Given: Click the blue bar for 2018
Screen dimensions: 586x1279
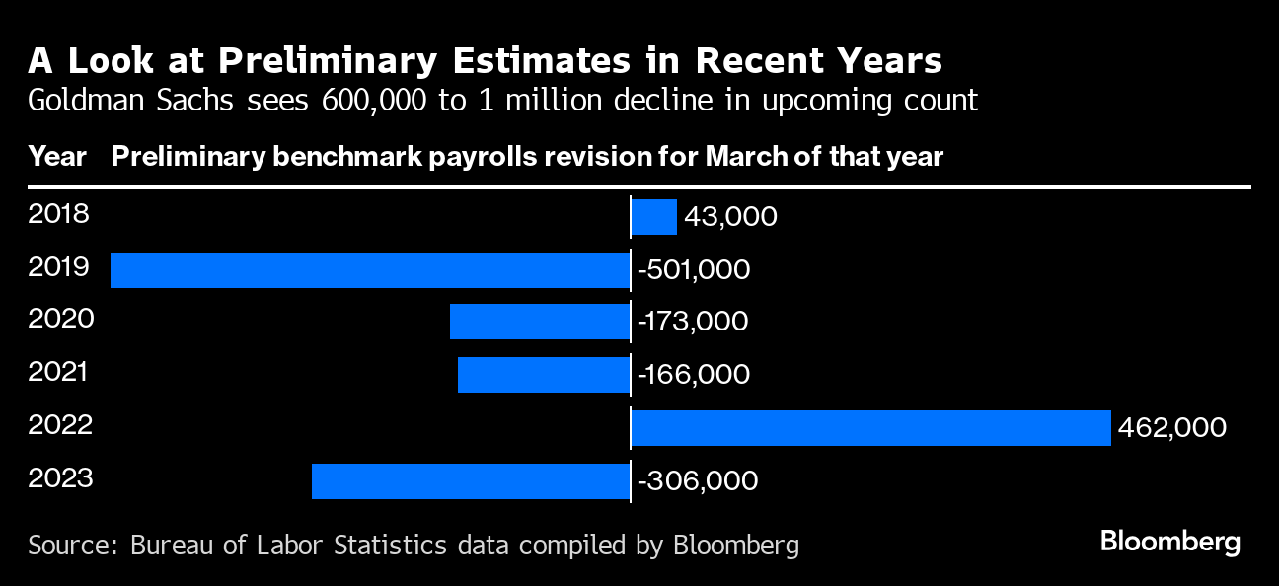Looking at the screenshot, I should click(653, 217).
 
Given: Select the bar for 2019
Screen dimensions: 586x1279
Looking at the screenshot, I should click(370, 270).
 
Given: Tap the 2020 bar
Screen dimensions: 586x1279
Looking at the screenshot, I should click(540, 323).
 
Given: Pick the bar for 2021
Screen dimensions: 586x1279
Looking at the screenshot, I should click(544, 376).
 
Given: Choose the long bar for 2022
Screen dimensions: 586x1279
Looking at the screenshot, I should click(870, 428).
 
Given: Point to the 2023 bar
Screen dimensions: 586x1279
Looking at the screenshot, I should click(471, 481).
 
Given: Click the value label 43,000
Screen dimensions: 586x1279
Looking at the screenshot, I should click(730, 217).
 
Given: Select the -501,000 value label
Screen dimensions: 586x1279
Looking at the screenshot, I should click(694, 270).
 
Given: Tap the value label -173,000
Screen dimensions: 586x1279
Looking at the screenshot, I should click(693, 323).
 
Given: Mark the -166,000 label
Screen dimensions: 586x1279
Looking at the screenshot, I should click(694, 376).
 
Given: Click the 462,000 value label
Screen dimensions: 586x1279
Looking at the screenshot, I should click(1172, 428).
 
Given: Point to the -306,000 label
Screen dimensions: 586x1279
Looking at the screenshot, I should click(698, 481).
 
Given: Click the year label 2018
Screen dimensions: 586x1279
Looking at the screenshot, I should click(58, 214).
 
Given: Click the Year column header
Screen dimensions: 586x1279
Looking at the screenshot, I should click(57, 157).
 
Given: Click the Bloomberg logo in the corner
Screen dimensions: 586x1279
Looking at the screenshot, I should click(1170, 542).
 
